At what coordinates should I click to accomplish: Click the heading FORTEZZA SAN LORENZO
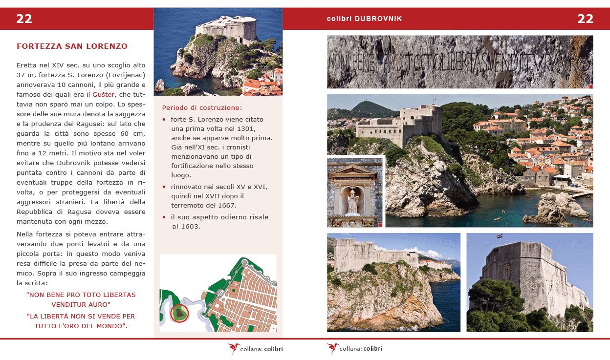coord(72,46)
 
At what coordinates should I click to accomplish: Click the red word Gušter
coord(103,94)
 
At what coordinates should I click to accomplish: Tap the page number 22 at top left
coord(24,19)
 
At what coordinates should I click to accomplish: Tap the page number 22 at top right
coord(585,19)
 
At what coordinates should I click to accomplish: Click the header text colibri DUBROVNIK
coord(364,19)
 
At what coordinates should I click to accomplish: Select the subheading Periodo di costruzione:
coord(202,107)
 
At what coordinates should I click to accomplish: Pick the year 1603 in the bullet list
coord(191,226)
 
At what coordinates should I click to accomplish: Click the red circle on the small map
coord(180,313)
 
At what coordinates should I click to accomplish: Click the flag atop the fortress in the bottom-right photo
coord(499,236)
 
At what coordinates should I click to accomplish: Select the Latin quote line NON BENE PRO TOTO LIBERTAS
coord(81,295)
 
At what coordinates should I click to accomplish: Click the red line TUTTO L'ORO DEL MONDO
coord(80,326)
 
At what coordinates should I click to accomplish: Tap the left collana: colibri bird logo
coord(234,348)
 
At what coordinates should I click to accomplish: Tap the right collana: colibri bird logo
coord(333,348)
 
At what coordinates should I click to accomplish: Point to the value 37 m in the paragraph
coord(24,75)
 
